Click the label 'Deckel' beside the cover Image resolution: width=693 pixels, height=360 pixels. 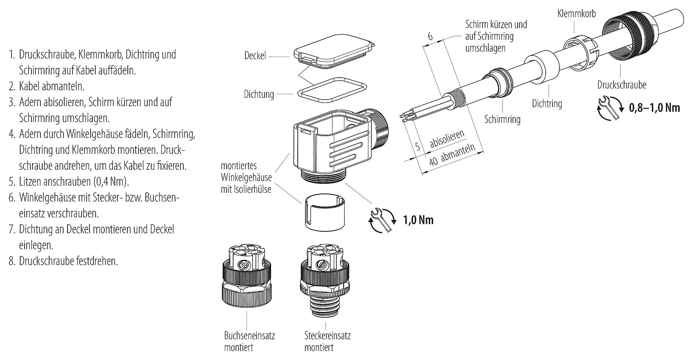click(255, 56)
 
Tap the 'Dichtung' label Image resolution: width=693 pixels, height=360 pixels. click(259, 95)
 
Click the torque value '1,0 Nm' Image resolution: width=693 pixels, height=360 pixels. click(418, 220)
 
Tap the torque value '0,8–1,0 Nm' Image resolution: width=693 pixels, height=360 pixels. click(654, 108)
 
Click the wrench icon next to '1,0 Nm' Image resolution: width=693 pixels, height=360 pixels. click(382, 220)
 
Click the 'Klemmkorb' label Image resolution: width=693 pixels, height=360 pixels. click(576, 14)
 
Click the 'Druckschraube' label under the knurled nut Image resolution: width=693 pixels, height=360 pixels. click(622, 85)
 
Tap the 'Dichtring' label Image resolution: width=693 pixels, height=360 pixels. click(547, 104)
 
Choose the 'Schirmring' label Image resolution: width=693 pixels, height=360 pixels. click(502, 119)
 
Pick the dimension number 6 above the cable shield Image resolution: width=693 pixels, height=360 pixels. click(430, 36)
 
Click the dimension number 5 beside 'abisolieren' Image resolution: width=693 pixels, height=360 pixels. click(418, 146)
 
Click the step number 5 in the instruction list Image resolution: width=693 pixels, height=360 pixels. click(12, 182)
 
